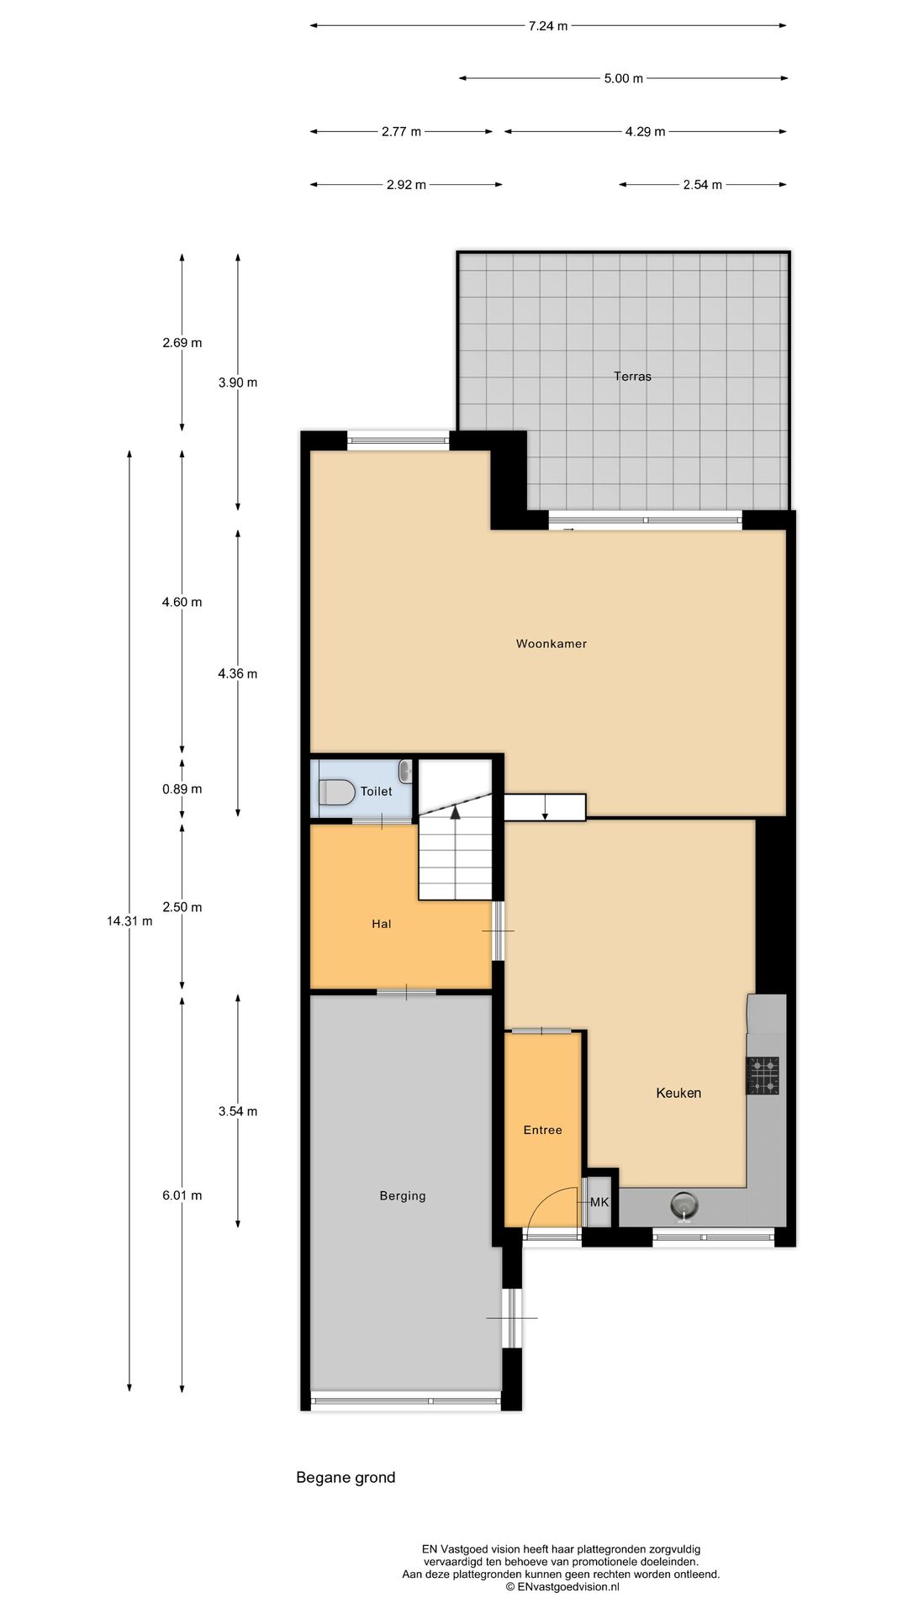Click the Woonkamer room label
[551, 644]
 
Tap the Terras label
[632, 377]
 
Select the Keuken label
[678, 1093]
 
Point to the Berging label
[403, 1196]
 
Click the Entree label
[542, 1130]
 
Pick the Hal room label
[382, 924]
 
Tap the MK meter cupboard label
[599, 1202]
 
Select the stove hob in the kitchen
[763, 1075]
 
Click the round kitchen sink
[685, 1205]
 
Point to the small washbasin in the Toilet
[406, 770]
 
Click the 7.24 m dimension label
[548, 26]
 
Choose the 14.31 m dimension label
[129, 920]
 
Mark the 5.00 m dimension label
[623, 79]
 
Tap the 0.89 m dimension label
[182, 789]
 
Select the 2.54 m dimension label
[703, 185]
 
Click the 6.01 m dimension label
[182, 1195]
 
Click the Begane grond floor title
[346, 1477]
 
